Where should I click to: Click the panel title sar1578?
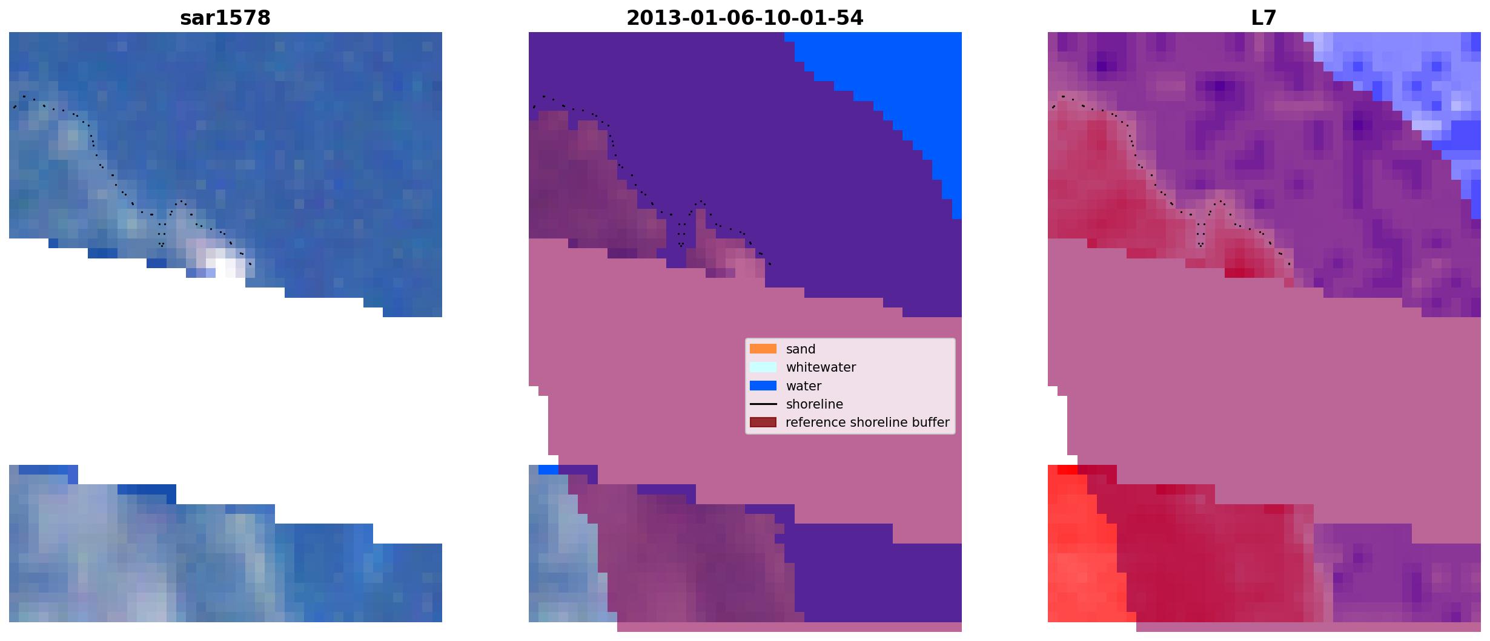225,18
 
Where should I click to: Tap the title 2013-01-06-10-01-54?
745,18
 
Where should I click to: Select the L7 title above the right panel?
1264,18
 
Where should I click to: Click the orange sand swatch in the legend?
763,349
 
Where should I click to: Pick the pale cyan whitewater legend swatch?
763,367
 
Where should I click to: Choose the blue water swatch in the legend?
763,386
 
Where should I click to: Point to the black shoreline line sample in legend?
763,404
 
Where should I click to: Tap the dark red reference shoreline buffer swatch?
763,422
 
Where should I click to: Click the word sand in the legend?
801,349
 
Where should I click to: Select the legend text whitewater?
821,367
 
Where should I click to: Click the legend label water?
804,386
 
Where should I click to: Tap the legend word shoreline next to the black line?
815,404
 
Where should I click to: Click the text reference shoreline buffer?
867,422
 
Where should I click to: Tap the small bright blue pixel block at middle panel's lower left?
548,470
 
